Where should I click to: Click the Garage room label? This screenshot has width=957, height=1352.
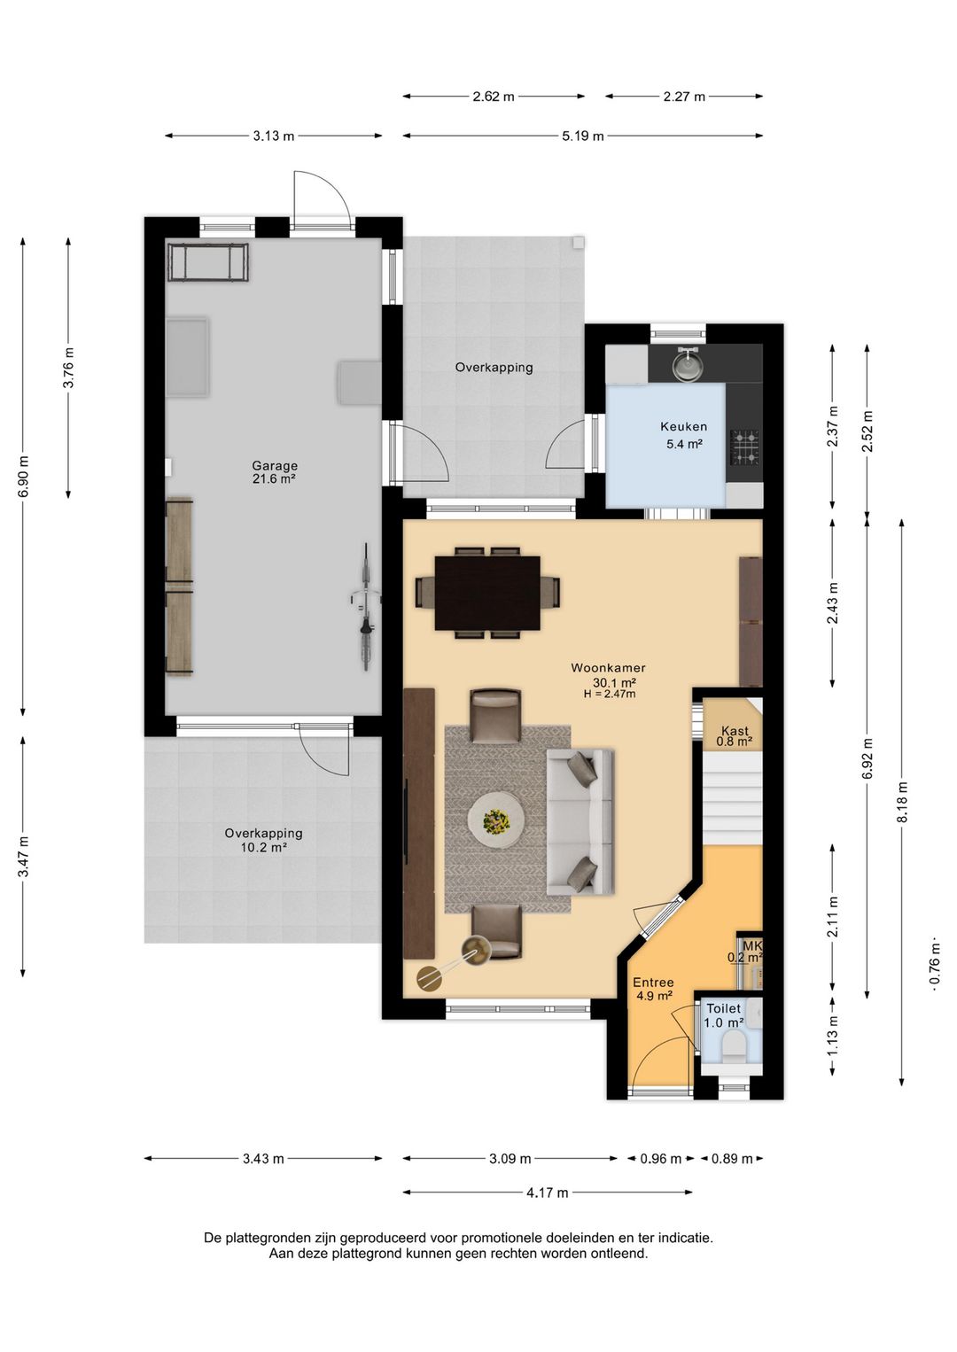tap(275, 466)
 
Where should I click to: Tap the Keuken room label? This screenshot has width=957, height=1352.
tap(683, 427)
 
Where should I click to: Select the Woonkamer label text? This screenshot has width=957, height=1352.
tap(608, 668)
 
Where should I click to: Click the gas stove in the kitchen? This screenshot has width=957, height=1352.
tap(745, 447)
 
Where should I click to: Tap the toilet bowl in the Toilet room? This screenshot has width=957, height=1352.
tap(735, 1045)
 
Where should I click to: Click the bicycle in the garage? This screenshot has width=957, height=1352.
tap(365, 607)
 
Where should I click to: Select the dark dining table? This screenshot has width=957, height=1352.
tap(487, 593)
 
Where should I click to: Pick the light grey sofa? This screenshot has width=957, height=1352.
tap(580, 821)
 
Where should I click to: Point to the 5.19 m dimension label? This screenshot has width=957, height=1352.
tap(583, 136)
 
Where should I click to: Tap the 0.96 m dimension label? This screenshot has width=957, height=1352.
tap(660, 1159)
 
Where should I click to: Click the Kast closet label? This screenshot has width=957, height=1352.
tap(735, 731)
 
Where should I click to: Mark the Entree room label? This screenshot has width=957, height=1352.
tap(654, 983)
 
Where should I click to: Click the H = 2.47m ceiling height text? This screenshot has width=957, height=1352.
tap(610, 694)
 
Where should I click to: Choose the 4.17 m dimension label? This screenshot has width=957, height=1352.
tap(547, 1193)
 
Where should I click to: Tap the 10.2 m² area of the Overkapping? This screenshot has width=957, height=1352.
tap(263, 847)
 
